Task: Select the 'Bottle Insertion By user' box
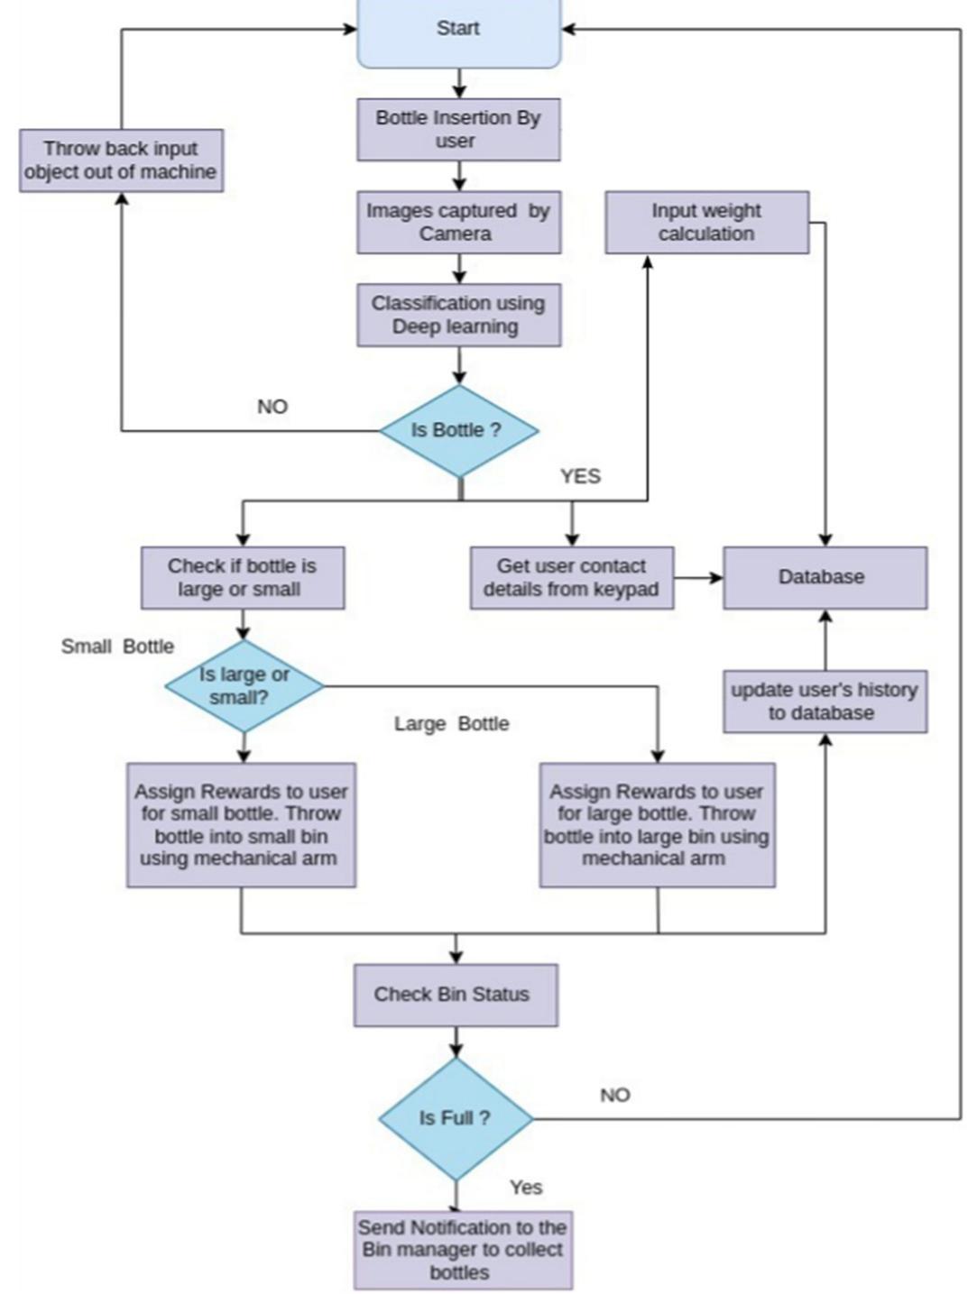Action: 458,130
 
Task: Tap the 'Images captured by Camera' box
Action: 458,222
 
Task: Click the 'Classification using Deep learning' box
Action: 458,315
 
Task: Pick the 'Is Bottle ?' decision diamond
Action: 458,430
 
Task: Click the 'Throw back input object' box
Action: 121,160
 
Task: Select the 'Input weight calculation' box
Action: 706,222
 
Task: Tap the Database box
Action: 824,577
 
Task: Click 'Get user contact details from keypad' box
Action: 571,577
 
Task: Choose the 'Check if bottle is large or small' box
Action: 242,577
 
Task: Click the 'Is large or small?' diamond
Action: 244,686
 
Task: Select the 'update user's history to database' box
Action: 824,701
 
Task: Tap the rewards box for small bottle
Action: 241,825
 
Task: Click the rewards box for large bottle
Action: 657,825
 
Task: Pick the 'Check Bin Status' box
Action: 455,995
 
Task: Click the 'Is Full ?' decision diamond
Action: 456,1118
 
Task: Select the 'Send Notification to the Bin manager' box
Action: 462,1250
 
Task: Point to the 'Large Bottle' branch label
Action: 451,724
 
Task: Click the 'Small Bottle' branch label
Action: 117,647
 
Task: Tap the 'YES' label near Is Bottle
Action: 579,476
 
